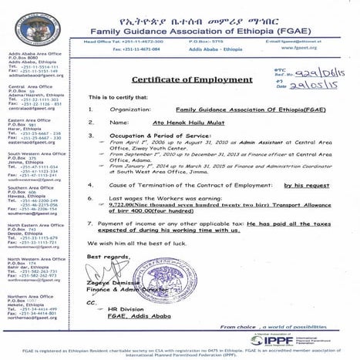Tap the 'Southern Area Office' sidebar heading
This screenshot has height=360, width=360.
(28, 187)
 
